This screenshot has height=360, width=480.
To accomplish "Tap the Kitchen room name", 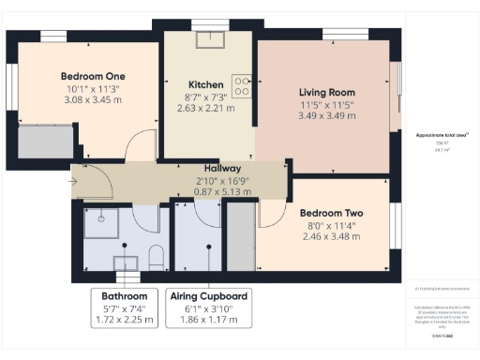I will pyautogui.click(x=205, y=83).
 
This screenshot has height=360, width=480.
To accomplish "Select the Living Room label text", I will pyautogui.click(x=326, y=92).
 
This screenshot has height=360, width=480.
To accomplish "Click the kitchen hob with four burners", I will pyautogui.click(x=242, y=86).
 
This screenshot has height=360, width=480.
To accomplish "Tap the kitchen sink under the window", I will pyautogui.click(x=204, y=39).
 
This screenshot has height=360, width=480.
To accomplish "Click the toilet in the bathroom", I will pyautogui.click(x=157, y=256).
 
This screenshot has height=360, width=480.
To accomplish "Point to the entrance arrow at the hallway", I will pyautogui.click(x=75, y=181).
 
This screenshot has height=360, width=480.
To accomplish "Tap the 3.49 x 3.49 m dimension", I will pyautogui.click(x=326, y=116).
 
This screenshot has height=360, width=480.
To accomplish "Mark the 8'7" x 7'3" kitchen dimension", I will pyautogui.click(x=205, y=96).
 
